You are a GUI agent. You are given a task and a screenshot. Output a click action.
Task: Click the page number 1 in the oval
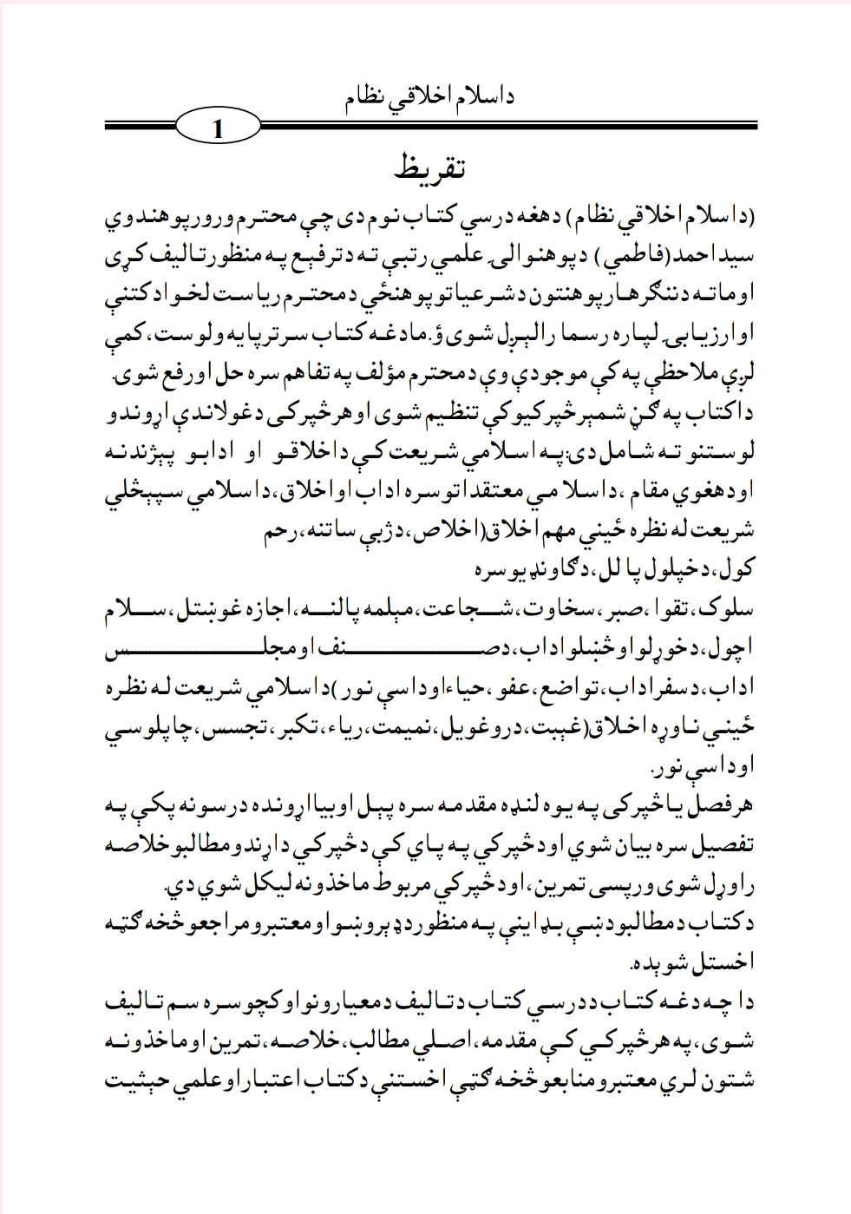tap(218, 132)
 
